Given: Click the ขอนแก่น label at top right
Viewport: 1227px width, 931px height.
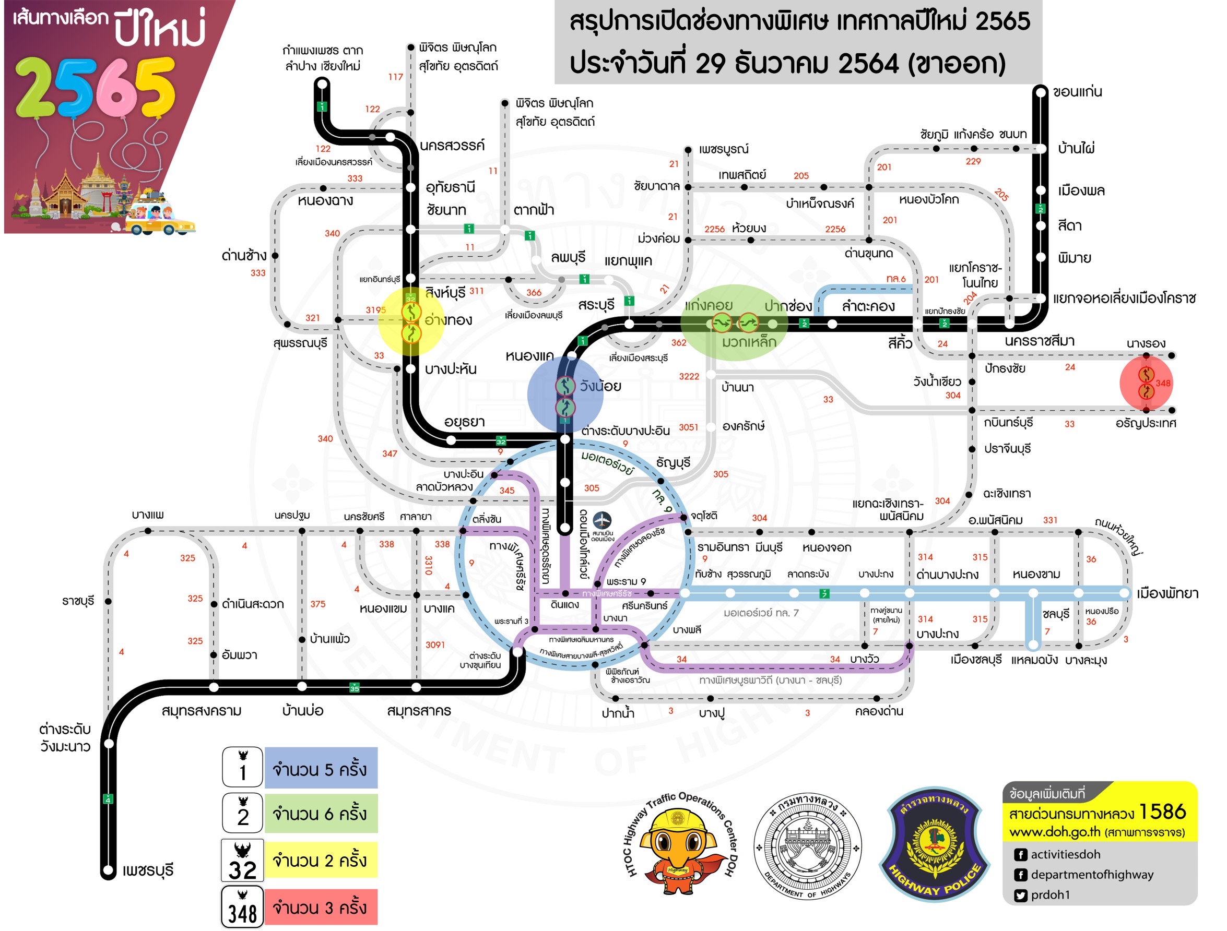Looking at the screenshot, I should point(1077,92).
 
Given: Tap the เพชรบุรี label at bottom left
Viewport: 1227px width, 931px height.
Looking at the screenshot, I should point(148,870).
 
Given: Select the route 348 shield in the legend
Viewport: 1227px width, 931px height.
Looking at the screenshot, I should point(242,907).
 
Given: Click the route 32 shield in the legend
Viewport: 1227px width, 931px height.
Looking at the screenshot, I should point(242,861).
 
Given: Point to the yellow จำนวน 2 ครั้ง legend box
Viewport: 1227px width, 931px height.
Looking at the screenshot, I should point(321,861).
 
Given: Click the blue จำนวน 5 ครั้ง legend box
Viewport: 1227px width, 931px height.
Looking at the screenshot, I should point(321,769).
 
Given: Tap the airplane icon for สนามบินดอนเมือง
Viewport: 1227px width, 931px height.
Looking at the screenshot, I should point(602,521).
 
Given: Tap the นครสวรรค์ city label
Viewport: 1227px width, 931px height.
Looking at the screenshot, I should point(452,146).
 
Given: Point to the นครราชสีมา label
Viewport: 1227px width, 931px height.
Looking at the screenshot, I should point(1039,341).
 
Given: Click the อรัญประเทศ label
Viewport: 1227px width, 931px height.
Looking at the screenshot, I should point(1146,424).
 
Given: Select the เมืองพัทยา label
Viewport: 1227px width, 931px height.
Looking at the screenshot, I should point(1167,593).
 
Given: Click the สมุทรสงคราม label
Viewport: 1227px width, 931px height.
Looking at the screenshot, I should point(202,711).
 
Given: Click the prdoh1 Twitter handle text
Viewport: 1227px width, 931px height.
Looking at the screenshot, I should point(1050,895).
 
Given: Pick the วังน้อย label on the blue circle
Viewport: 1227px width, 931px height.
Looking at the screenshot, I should point(600,387).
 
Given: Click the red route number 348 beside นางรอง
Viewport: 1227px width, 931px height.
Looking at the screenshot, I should point(1163,383).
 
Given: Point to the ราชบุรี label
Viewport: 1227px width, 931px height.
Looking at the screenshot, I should point(78,601).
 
